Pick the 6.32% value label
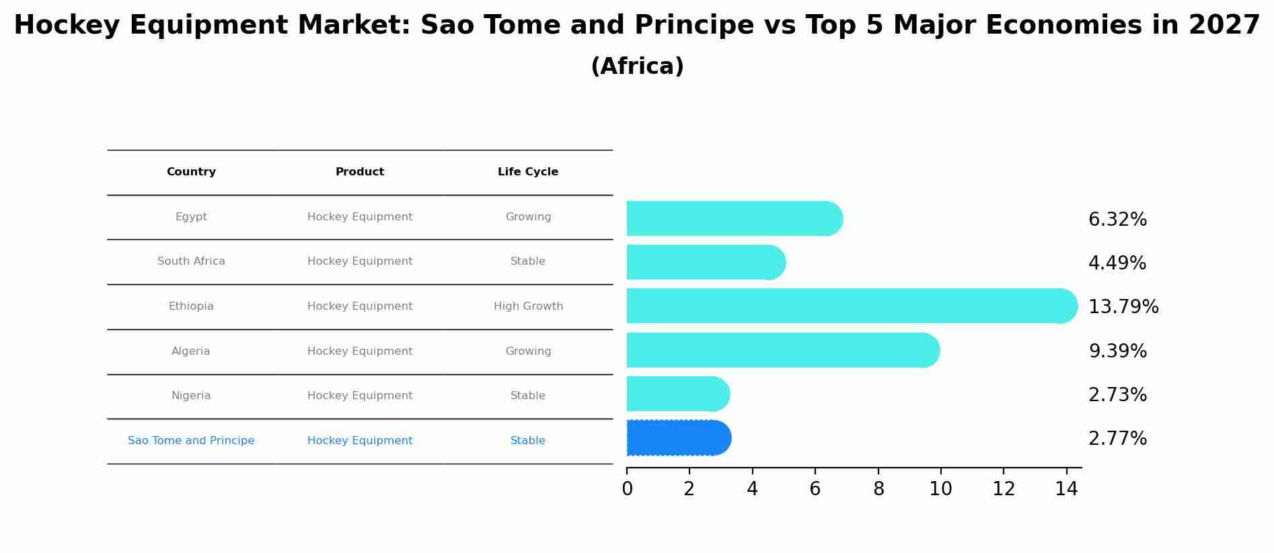pos(1117,220)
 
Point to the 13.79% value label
pos(1123,307)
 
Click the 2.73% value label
pos(1117,395)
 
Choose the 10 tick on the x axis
pos(940,489)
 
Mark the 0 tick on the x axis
pos(627,489)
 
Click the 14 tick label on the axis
pos(1066,489)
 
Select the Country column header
pos(191,172)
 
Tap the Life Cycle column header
pos(528,172)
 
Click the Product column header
pos(360,172)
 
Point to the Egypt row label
pos(191,217)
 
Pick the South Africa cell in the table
pos(191,261)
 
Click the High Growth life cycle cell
pos(528,306)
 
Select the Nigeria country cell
pos(191,396)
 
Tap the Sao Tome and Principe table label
pos(191,441)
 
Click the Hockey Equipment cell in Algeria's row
pos(360,351)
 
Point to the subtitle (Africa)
pos(637,67)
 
